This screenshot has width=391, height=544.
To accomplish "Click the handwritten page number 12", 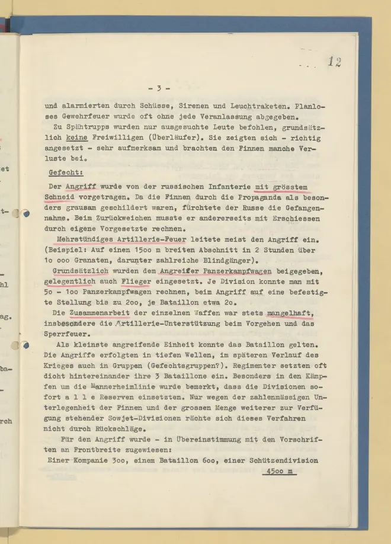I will point(335,61).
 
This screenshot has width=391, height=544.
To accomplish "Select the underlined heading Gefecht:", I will point(66,173).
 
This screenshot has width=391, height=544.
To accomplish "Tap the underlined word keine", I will point(76,138).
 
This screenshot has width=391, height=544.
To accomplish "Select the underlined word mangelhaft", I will point(289,313).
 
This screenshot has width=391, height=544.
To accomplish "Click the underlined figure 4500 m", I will point(278,472).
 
